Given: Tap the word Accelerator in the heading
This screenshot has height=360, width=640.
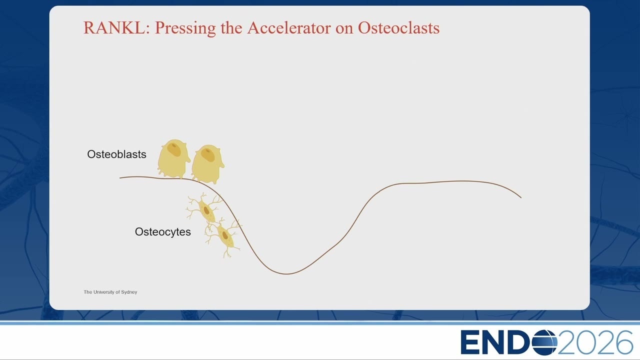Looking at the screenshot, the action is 289,27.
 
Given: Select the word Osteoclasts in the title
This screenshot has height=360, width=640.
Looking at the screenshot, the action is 398,27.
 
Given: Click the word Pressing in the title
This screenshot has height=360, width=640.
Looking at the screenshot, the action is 185,28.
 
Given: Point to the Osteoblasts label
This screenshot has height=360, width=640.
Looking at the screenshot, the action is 116,154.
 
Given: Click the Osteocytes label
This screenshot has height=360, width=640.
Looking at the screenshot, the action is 163,231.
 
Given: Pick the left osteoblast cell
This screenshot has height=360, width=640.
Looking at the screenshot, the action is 173,158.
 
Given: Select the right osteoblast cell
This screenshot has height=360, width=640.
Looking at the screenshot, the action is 207,164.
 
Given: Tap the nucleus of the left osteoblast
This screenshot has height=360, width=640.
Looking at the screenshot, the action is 174,149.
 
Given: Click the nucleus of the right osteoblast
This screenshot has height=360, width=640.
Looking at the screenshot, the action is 208,155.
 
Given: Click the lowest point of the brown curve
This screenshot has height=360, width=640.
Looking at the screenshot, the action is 286,274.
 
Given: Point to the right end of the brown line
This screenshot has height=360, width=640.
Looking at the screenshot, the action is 521,197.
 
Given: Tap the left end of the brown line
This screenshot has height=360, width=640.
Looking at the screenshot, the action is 120,178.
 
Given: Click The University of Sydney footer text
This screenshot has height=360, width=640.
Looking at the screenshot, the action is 110,292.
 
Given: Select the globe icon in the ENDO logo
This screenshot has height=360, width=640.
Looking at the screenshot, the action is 545,342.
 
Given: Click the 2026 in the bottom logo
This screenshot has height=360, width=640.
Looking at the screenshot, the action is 595,342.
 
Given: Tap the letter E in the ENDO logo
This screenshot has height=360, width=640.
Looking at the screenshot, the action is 470,342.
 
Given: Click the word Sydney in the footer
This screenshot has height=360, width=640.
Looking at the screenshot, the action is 129,292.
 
